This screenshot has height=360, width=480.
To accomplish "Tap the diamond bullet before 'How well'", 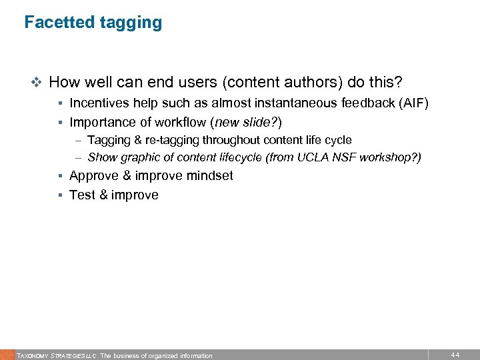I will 37,83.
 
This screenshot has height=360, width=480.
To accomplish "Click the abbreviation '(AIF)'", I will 413,103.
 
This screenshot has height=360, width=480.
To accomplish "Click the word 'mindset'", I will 210,176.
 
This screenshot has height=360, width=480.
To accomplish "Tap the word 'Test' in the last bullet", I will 82,195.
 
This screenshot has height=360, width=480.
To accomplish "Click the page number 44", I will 455,355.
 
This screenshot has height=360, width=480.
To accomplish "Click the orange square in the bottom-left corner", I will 7,355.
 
